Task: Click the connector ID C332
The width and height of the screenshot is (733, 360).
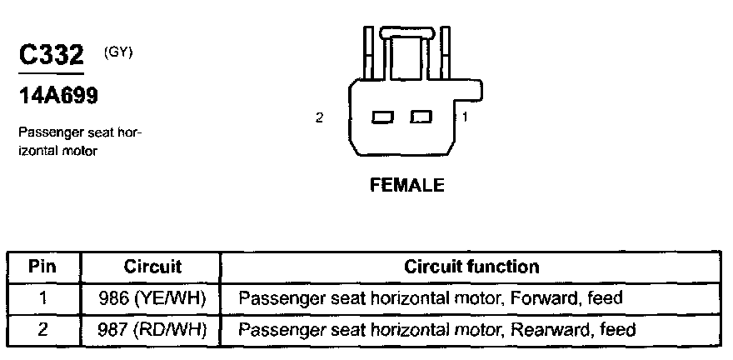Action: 51,56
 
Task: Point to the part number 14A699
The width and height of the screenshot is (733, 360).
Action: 58,96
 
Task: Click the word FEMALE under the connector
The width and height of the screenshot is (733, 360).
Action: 406,185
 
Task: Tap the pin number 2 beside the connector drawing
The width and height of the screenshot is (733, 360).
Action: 319,117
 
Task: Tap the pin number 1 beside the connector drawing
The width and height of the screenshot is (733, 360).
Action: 465,117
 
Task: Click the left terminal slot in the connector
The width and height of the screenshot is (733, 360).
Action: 383,117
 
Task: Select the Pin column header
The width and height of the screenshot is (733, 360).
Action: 42,267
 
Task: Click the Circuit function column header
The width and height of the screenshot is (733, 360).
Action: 471,267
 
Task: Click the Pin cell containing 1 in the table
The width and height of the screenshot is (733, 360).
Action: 42,298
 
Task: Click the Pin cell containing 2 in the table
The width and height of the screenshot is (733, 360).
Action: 42,330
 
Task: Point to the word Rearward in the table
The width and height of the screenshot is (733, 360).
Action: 548,330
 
